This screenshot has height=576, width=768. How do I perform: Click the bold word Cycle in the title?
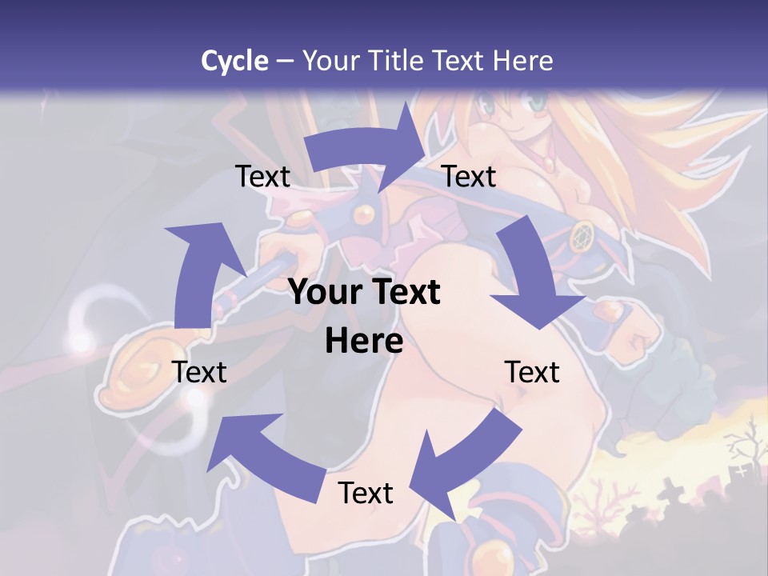click(234, 61)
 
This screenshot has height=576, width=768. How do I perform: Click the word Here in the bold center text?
click(364, 342)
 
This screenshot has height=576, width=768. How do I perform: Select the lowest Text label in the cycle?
click(366, 493)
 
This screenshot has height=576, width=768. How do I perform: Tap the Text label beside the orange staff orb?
click(200, 372)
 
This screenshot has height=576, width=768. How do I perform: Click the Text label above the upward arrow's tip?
click(263, 176)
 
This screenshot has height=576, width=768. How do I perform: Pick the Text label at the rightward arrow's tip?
click(469, 176)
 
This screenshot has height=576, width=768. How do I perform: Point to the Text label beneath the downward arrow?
click(532, 372)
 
